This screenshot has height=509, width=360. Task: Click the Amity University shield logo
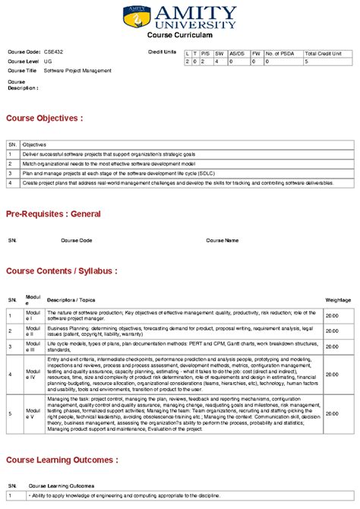tap(137, 17)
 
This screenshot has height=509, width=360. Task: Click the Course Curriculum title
tap(179, 36)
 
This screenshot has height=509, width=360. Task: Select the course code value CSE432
tap(54, 51)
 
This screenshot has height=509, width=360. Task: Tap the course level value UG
tap(48, 61)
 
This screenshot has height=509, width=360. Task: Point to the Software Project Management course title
tap(77, 71)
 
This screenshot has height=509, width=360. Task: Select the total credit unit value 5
tap(306, 62)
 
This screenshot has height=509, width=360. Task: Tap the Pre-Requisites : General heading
tap(53, 214)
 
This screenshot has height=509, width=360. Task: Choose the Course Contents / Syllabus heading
tap(62, 270)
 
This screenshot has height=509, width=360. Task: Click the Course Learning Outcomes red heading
tap(62, 460)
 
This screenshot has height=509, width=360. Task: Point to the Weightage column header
tap(338, 300)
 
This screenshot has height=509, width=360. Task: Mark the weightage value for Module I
tap(332, 315)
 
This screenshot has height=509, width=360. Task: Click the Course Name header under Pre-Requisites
tap(222, 240)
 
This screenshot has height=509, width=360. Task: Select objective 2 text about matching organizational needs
tap(109, 163)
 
